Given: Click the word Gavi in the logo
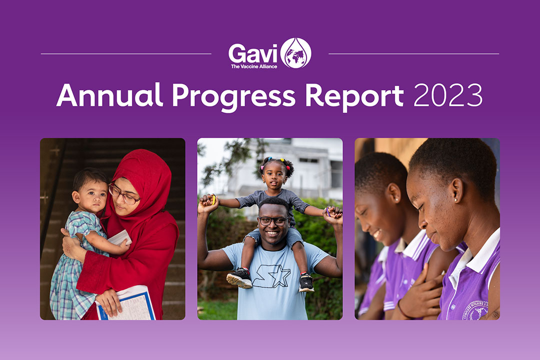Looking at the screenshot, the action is (x=253, y=53).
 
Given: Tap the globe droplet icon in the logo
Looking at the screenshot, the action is (x=295, y=53).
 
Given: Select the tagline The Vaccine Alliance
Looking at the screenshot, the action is (x=254, y=66).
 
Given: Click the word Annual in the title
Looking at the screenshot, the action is (x=109, y=94).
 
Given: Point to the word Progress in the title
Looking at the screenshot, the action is (x=234, y=96).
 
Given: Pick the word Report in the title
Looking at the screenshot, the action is (x=354, y=96).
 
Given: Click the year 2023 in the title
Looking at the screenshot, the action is (x=447, y=95).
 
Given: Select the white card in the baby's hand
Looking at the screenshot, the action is (x=120, y=237).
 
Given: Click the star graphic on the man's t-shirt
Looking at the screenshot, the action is (x=272, y=276).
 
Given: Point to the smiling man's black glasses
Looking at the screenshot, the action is (x=274, y=221).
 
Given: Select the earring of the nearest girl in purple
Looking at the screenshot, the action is (x=456, y=199).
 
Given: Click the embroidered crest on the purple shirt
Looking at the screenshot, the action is (x=475, y=310).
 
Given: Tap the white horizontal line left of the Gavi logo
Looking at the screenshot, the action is (x=126, y=53).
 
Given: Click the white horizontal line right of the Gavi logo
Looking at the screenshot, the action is (x=414, y=53).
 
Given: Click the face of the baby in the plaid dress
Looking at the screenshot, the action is (x=93, y=196).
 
